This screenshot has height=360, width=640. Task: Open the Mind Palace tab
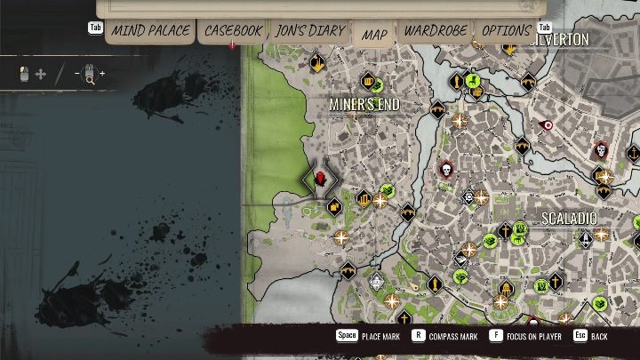coord(150,31)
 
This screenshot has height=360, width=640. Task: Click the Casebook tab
coord(234,31)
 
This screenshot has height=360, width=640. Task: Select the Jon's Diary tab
coord(308,31)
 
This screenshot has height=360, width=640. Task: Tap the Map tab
coord(375,35)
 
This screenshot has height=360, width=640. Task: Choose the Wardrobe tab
coord(435,31)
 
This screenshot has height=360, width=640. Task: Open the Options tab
coord(506,31)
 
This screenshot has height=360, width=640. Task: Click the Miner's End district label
coord(364,105)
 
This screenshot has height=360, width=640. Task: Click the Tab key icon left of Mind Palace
coord(95,28)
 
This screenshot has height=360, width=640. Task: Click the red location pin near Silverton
coord(548,125)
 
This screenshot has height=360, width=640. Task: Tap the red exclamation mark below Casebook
coord(233,44)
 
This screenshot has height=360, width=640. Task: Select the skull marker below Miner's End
coord(445,168)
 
